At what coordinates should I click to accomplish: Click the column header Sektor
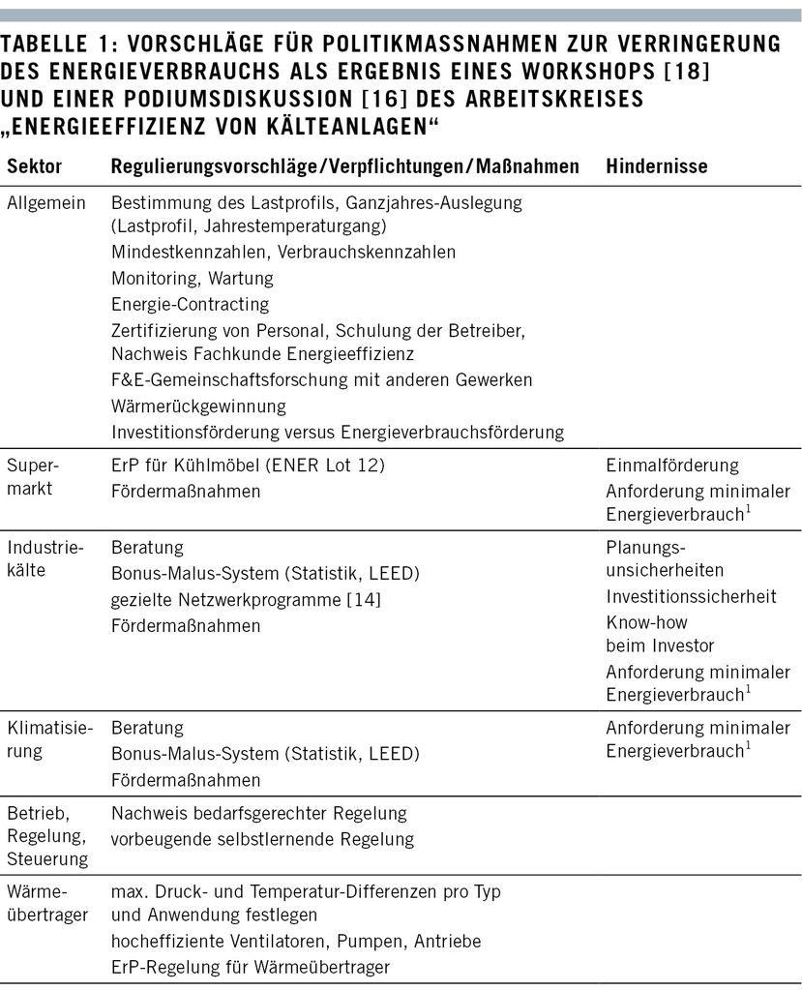pyautogui.click(x=35, y=166)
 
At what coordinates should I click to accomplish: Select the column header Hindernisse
pyautogui.click(x=657, y=166)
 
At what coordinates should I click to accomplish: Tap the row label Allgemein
pyautogui.click(x=46, y=203)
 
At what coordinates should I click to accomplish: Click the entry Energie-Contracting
pyautogui.click(x=190, y=304)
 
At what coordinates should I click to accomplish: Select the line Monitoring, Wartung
pyautogui.click(x=193, y=278)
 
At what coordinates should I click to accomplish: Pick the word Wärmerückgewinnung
pyautogui.click(x=198, y=405)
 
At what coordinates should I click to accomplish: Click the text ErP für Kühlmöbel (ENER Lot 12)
pyautogui.click(x=248, y=465)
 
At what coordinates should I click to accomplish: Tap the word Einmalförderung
pyautogui.click(x=672, y=465)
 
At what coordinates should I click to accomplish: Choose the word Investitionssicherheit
pyautogui.click(x=691, y=596)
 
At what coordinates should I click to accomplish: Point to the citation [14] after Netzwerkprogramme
pyautogui.click(x=364, y=600)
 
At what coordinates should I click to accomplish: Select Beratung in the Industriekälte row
pyautogui.click(x=147, y=548)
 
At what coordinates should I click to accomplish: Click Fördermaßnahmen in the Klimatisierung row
pyautogui.click(x=186, y=779)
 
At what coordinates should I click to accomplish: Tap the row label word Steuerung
pyautogui.click(x=46, y=857)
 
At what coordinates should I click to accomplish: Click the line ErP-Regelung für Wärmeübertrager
pyautogui.click(x=252, y=966)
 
